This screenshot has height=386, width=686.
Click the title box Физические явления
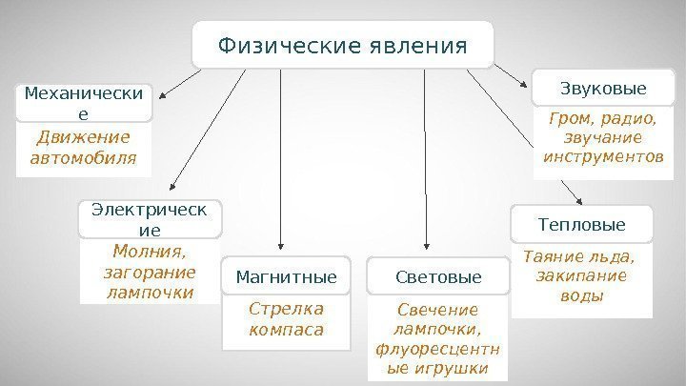(x=343, y=45)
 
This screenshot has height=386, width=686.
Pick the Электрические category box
(x=150, y=218)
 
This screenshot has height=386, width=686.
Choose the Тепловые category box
(x=582, y=225)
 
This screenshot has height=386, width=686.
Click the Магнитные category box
(x=286, y=277)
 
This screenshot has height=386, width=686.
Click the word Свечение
(x=438, y=310)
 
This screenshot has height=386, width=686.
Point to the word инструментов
(x=603, y=155)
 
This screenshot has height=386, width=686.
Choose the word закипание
(x=582, y=276)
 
